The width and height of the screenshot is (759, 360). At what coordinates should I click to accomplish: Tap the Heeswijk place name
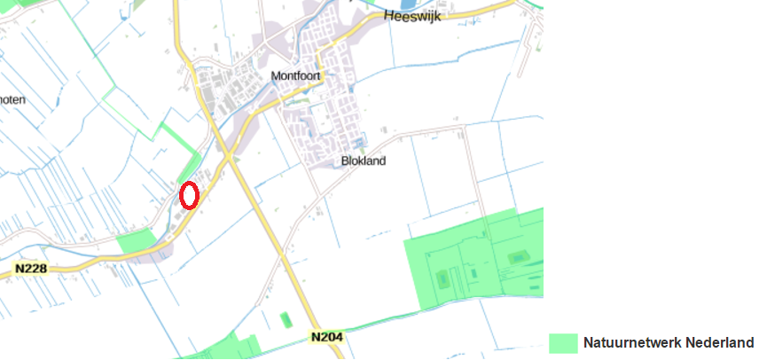pyautogui.click(x=412, y=16)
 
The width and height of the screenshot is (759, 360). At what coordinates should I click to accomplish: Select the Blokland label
pyautogui.click(x=364, y=161)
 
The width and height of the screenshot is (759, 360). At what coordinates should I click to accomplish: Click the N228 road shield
pyautogui.click(x=30, y=268)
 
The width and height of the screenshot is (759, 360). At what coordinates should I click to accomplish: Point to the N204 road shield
pyautogui.click(x=326, y=337)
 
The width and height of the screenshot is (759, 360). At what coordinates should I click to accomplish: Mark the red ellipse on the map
pyautogui.click(x=189, y=195)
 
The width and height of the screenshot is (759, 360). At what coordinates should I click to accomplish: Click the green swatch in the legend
pyautogui.click(x=563, y=343)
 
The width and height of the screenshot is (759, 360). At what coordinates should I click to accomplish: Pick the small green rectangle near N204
pyautogui.click(x=285, y=319)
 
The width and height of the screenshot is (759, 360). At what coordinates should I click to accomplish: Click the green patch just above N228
pyautogui.click(x=135, y=240)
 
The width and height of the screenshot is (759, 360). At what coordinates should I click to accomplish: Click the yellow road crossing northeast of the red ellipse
pyautogui.click(x=228, y=156)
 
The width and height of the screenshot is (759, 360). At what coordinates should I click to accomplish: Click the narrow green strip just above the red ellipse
pyautogui.click(x=189, y=166)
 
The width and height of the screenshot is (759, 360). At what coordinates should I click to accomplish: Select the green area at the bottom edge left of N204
pyautogui.click(x=222, y=348)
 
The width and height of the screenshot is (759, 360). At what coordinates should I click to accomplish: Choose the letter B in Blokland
pyautogui.click(x=345, y=161)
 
